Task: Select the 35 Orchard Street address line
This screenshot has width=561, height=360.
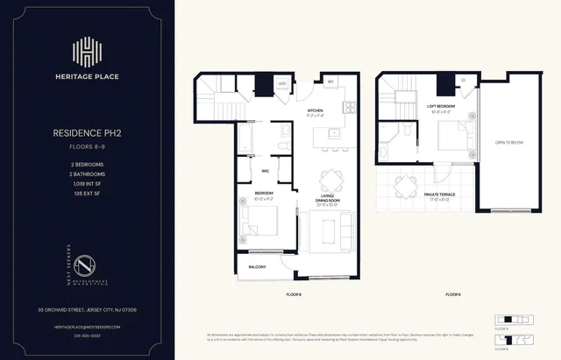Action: coord(86,309)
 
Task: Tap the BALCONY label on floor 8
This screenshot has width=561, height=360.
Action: coord(257,266)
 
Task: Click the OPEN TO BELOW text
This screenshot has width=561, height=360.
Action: coord(509,142)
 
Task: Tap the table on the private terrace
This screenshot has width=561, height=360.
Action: coord(407,186)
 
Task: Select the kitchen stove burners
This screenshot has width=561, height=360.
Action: coord(348,109)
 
